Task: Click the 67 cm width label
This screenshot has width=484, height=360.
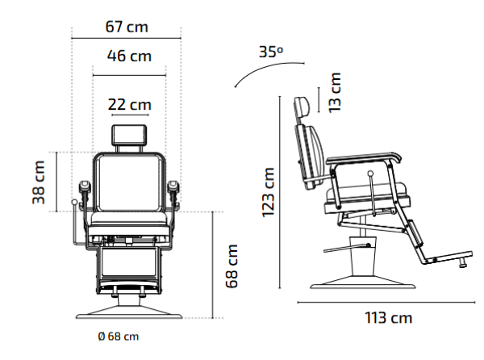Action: (x=127, y=27)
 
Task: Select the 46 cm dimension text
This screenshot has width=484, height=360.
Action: (x=129, y=57)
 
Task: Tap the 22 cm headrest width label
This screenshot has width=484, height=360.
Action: (x=130, y=105)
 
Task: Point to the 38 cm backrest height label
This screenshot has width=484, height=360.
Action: (x=39, y=182)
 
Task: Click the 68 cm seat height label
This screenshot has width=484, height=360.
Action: (x=232, y=266)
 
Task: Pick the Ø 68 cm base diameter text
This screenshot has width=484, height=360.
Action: (x=119, y=337)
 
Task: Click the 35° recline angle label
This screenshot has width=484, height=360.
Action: (x=271, y=52)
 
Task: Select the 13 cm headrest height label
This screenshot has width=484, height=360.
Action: (x=335, y=93)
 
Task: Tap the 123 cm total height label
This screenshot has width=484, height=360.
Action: (x=268, y=192)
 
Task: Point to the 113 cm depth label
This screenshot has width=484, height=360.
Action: (x=388, y=318)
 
